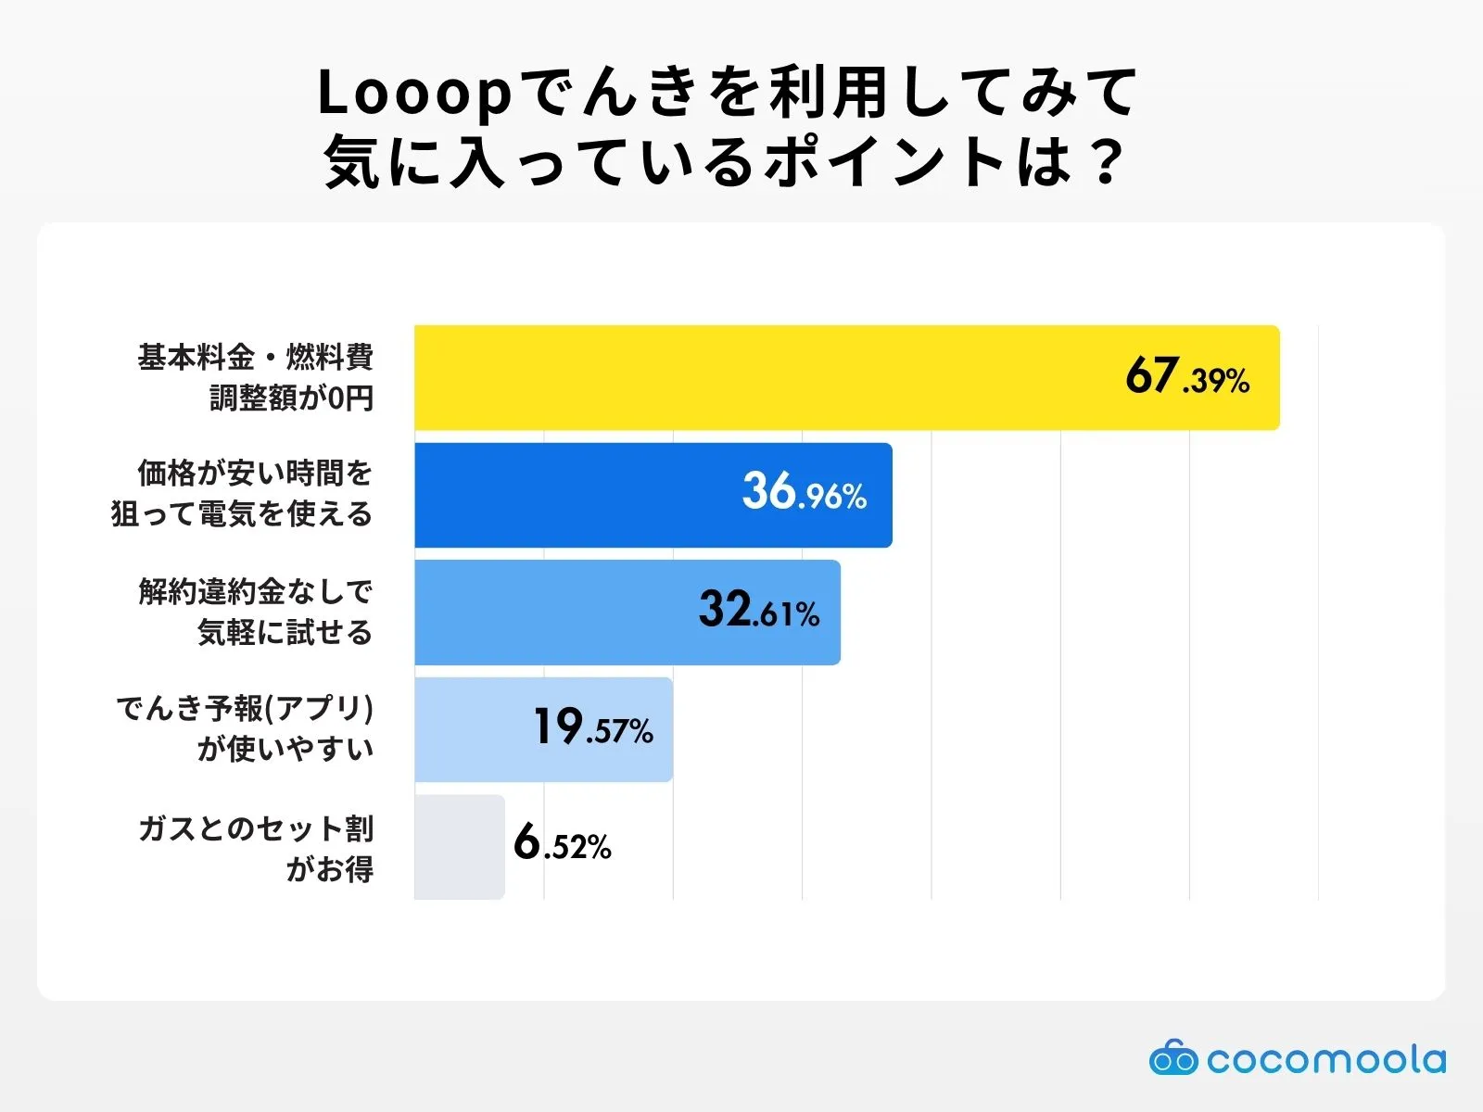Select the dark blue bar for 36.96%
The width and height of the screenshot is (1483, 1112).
tap(575, 495)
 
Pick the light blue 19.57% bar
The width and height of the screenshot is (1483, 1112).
tap(473, 729)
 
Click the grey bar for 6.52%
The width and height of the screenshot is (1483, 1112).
tap(459, 846)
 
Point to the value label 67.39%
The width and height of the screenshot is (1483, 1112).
tap(1187, 377)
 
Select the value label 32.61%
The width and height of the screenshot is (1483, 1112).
tap(759, 611)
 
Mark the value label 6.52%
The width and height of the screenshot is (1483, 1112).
tap(563, 844)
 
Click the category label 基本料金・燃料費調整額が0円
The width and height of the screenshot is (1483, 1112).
tap(255, 377)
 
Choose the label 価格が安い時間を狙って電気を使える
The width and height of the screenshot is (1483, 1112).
tap(243, 494)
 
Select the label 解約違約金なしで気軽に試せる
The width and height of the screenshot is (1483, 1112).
tap(255, 612)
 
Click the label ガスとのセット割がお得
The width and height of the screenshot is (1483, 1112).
tap(256, 847)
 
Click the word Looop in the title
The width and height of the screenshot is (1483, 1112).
tap(414, 94)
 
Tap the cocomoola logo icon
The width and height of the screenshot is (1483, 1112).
tap(1173, 1058)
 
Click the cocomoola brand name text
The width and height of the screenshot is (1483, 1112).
tap(1325, 1059)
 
